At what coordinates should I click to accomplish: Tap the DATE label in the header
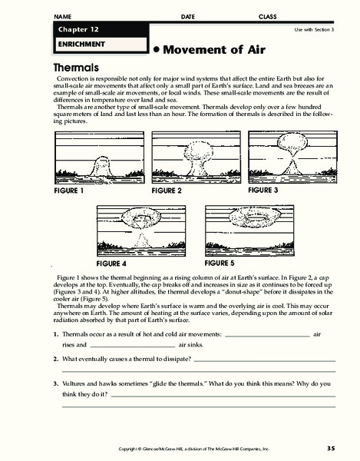[188, 16]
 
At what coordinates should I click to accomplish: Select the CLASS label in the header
[268, 16]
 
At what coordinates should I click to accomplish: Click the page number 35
[330, 448]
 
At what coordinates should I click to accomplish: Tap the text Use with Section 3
[315, 28]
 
